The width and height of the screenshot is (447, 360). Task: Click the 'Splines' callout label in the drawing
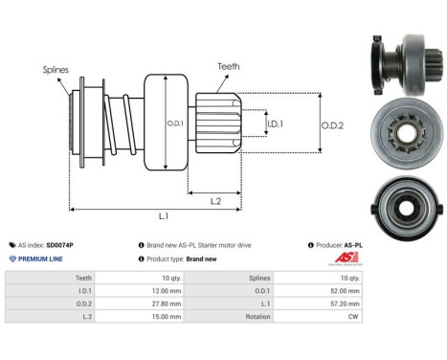[56, 70]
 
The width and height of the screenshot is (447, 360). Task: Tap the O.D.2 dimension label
[332, 124]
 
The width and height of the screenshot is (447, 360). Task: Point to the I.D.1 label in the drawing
[275, 124]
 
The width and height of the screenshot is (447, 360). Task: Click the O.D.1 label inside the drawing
[175, 124]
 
